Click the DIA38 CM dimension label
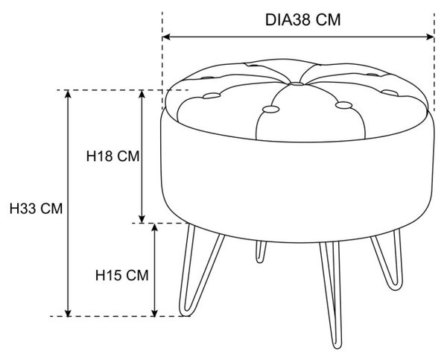pos(302,20)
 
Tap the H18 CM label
pos(113,156)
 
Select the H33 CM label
pos(36,209)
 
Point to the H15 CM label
pos(121,275)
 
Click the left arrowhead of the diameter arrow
pos(166,37)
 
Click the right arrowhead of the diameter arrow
pos(430,37)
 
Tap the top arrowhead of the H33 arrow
pos(68,94)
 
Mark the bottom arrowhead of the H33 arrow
pos(68,313)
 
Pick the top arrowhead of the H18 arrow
pos(142,94)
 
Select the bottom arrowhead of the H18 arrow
pos(142,219)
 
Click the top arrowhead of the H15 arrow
pos(154,227)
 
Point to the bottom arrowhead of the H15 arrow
pos(154,313)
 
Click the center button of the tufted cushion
pos(297,84)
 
